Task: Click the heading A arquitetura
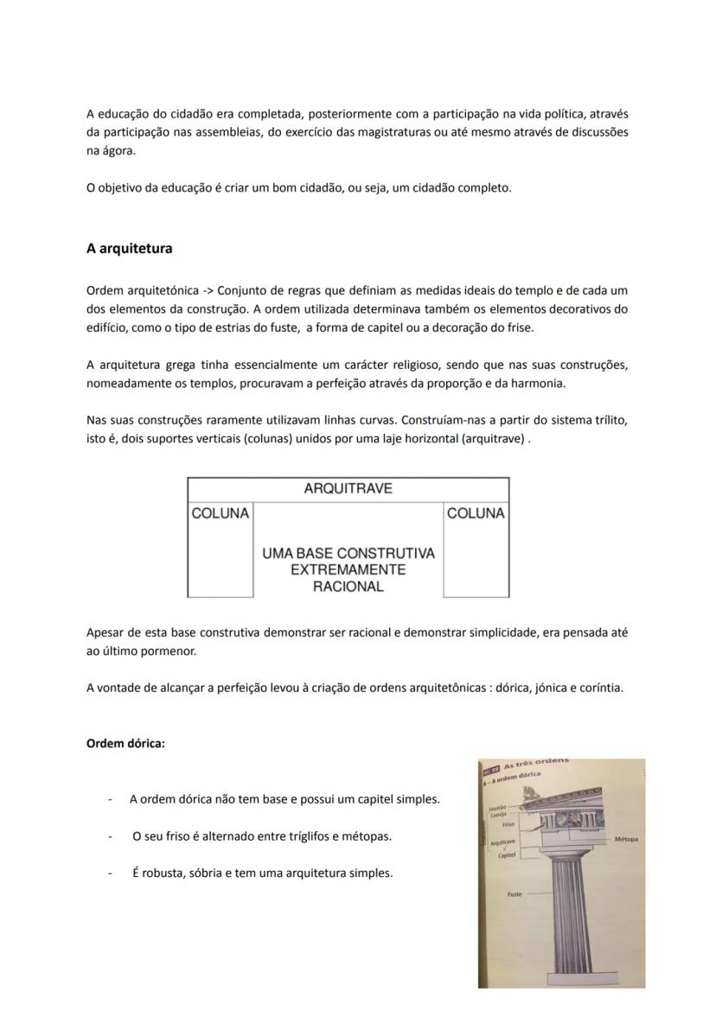(129, 249)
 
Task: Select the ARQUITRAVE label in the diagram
(348, 489)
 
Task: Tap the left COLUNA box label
(220, 513)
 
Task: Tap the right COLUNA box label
(476, 513)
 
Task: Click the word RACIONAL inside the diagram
(348, 587)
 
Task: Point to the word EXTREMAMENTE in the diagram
(348, 570)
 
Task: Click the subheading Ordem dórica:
(125, 743)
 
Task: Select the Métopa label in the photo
(627, 839)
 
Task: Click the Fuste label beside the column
(514, 894)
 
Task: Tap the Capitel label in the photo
(508, 855)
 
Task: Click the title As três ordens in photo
(536, 762)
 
